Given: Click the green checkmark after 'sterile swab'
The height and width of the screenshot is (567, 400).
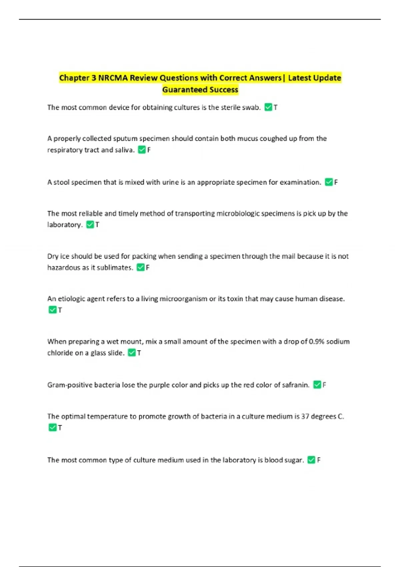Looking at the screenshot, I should (268, 107).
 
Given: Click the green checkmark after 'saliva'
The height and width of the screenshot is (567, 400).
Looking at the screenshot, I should (142, 150).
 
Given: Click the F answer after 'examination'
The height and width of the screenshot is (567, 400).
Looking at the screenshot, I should (336, 182).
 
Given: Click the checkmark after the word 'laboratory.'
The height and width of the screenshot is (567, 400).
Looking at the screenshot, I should (90, 225).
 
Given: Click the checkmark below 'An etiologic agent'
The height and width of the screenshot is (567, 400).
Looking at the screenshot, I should (52, 310).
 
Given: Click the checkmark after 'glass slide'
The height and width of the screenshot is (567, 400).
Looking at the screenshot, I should (132, 353).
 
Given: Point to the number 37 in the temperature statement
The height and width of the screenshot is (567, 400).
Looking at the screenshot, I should (305, 417).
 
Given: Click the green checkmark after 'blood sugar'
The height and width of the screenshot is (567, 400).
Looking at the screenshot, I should (311, 460).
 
